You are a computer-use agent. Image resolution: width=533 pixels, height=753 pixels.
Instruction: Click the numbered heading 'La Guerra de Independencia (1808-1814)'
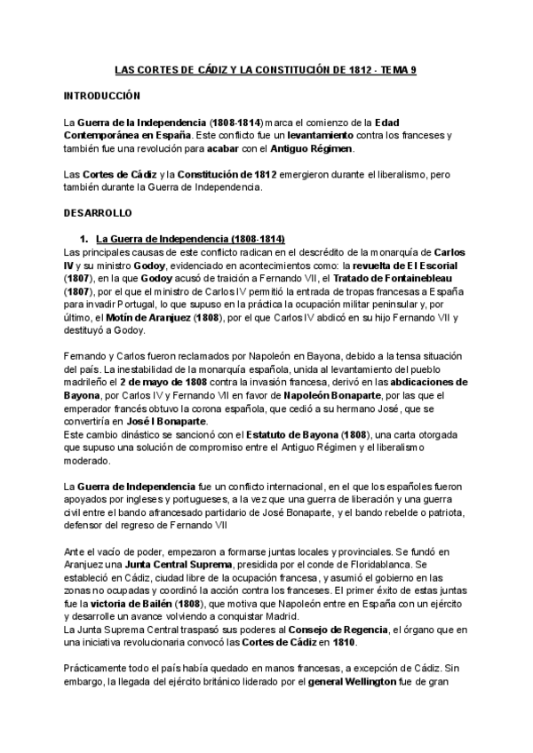tap(189, 239)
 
